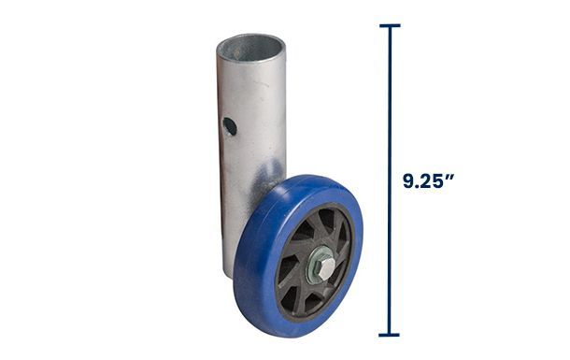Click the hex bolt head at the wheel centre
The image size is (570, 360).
pos(326,268)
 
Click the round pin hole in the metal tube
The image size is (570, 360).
pos(230,126)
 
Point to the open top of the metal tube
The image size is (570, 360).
pos(250,48)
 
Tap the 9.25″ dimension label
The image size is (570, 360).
pos(428,180)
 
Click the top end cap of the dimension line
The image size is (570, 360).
pos(390,25)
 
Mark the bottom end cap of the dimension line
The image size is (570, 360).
pos(389,335)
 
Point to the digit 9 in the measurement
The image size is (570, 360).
pos(408,181)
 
